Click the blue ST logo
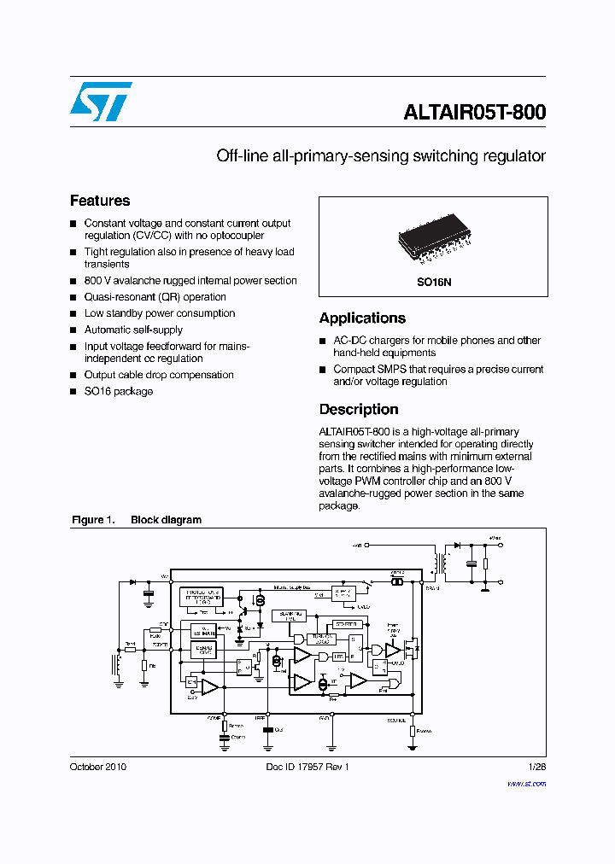click(x=101, y=101)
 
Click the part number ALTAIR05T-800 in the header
click(x=474, y=112)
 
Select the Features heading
click(x=100, y=201)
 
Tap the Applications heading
click(x=362, y=318)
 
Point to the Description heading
click(x=359, y=409)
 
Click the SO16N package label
click(x=433, y=280)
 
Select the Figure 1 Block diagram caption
click(x=137, y=520)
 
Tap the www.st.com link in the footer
click(x=526, y=783)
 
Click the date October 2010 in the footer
click(x=97, y=767)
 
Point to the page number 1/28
click(x=537, y=767)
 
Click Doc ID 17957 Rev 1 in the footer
click(x=302, y=767)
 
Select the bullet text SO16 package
click(x=119, y=391)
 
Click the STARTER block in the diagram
click(x=345, y=624)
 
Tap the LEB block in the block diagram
click(x=339, y=656)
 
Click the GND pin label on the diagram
click(x=325, y=718)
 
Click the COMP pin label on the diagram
click(x=214, y=718)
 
